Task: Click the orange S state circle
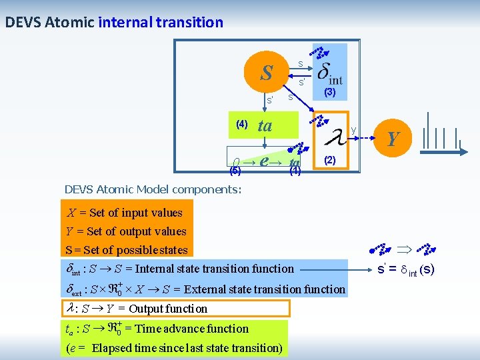click(x=267, y=72)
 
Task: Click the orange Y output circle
click(x=393, y=139)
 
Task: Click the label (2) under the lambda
click(x=329, y=161)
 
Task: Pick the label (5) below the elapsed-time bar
click(x=235, y=171)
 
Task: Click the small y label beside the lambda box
click(x=353, y=129)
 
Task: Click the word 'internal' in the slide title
click(x=126, y=22)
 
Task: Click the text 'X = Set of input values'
click(x=125, y=213)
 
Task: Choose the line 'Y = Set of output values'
click(x=126, y=231)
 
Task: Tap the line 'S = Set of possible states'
click(x=126, y=250)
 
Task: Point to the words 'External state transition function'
click(x=264, y=289)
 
